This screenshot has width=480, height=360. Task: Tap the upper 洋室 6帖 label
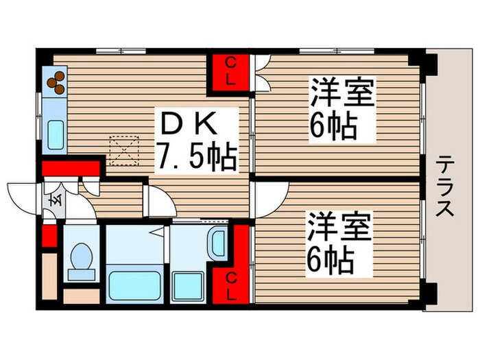coord(341,110)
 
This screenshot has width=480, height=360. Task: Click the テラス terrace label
coord(446,184)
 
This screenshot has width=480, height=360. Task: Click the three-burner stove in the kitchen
coord(55,82)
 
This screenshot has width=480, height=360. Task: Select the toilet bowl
coord(81,261)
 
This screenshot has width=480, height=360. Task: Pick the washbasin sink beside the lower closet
coord(218,243)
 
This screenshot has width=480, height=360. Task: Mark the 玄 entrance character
coord(53,202)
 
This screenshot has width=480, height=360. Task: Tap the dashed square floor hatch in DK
coord(124,150)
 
